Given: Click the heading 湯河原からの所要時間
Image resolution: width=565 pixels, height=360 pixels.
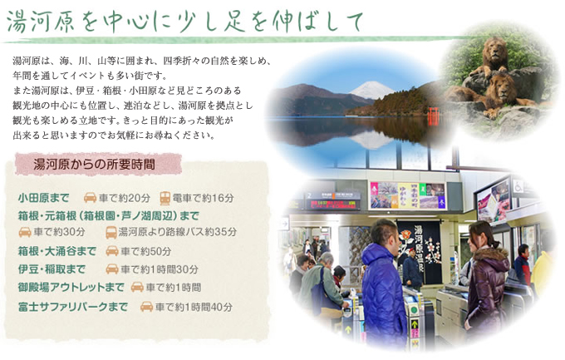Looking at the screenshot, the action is (95, 165).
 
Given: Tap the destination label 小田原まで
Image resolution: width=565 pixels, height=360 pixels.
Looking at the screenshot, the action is (43, 198).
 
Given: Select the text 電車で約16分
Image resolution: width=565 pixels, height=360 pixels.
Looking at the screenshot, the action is (204, 198).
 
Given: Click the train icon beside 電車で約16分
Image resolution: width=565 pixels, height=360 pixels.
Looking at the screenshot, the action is (165, 198).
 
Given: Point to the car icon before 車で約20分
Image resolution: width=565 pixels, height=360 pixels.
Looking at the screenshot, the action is (90, 198).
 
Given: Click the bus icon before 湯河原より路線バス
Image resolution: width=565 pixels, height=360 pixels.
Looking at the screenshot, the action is (111, 232).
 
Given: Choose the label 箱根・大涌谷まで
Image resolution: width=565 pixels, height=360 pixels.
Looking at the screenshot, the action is (57, 251).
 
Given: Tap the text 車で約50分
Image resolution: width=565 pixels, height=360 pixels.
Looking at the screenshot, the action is (146, 251).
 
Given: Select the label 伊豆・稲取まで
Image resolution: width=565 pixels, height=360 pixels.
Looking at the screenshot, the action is (52, 269).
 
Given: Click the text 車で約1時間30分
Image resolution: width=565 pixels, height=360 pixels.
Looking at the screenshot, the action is (160, 269).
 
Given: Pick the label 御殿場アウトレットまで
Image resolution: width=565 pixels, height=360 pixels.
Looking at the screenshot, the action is (71, 287).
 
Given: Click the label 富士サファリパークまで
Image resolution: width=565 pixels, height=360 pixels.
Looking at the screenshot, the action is (73, 307).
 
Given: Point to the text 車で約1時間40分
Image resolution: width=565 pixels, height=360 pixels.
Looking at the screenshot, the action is (194, 307).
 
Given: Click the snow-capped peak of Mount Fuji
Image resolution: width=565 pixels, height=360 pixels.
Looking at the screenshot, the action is (371, 88).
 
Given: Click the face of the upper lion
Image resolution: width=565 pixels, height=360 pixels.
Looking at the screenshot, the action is (495, 50).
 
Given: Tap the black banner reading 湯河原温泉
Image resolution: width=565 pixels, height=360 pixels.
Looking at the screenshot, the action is (420, 252).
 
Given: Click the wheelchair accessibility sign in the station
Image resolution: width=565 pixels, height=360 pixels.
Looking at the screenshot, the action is (518, 186).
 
